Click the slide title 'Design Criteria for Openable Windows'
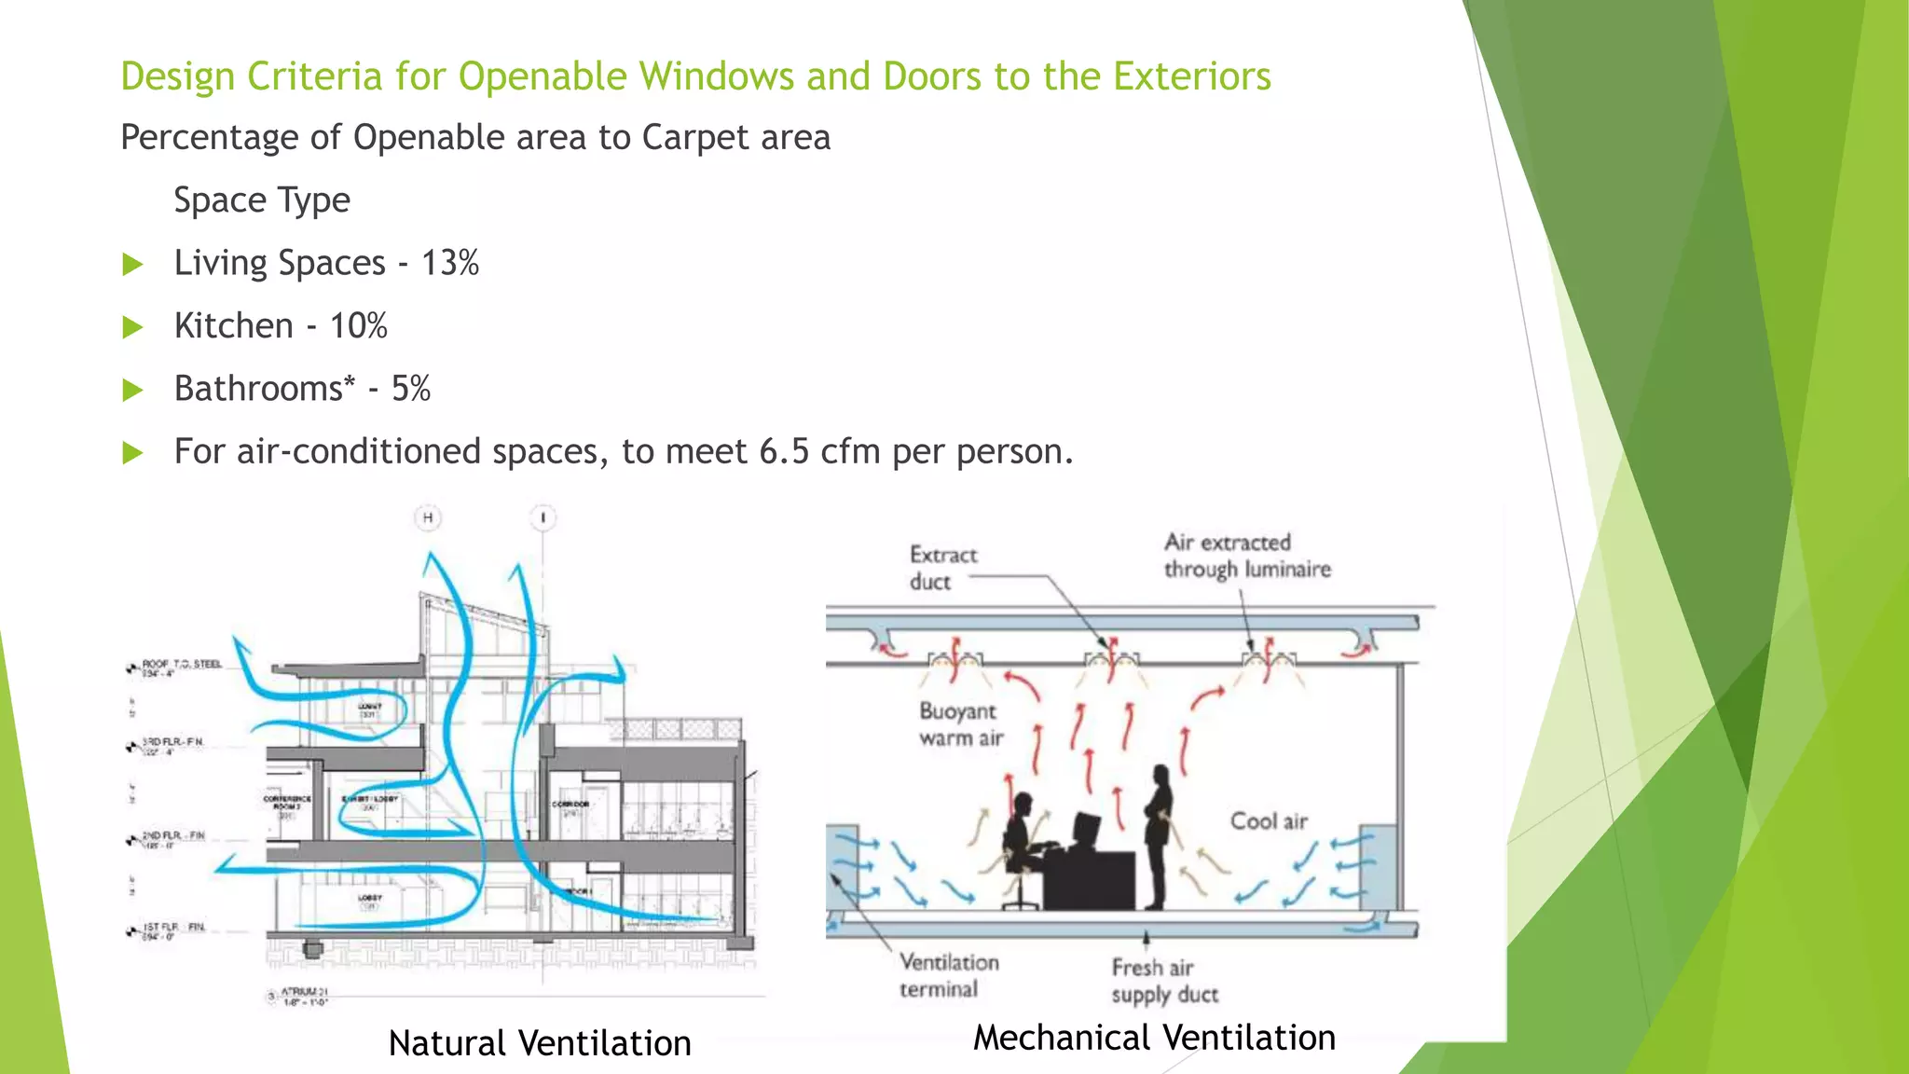pos(695,76)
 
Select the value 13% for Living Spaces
pos(449,263)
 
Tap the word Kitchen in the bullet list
pos(234,326)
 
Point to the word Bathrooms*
pos(265,389)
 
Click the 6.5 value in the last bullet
pos(784,451)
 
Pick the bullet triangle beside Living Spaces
pos(133,265)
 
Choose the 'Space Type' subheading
pos(262,200)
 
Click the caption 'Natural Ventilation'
pos(540,1043)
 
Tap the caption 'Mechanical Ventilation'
pos(1154,1038)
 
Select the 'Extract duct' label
pos(942,568)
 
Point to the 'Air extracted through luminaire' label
pos(1246,556)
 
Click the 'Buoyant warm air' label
pos(960,724)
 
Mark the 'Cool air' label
pos(1269,821)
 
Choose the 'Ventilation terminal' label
pos(947,975)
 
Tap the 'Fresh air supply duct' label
pos(1164,981)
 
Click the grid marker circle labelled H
pos(428,517)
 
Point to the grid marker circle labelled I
pos(543,517)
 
